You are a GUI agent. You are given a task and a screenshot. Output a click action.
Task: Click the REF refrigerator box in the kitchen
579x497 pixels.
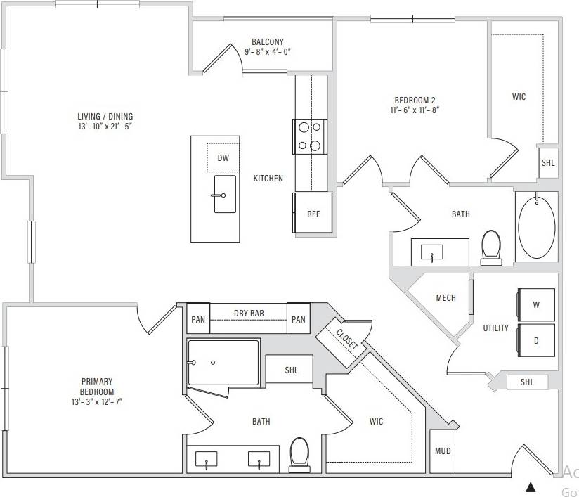(x=313, y=213)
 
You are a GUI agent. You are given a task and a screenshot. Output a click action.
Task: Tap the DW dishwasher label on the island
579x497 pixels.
(x=223, y=158)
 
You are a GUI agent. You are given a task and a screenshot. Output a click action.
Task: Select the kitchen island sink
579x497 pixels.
(x=224, y=194)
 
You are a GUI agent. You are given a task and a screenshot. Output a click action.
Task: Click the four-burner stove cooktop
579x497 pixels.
(x=309, y=136)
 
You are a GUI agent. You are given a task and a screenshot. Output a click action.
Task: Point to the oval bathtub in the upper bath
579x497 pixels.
(x=536, y=228)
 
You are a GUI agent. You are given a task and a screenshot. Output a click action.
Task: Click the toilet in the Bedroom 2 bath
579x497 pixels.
(x=491, y=247)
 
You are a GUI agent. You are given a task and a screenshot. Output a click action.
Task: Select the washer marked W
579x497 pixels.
(x=536, y=305)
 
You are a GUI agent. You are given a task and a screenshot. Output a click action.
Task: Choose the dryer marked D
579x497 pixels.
(x=536, y=341)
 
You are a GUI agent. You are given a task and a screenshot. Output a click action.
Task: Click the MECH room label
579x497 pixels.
(x=445, y=298)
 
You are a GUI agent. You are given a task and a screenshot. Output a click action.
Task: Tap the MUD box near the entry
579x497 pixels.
(x=442, y=451)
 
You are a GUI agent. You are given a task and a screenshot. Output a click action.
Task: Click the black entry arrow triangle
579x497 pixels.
(x=531, y=486)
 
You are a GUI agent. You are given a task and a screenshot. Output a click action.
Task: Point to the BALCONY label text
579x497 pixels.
(x=268, y=42)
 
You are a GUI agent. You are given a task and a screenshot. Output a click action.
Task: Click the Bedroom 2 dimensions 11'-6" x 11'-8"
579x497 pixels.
(x=415, y=110)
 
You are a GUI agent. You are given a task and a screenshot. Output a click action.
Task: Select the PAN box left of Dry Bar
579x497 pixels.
(x=198, y=320)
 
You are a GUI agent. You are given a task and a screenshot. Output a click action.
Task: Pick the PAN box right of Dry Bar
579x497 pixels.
(x=299, y=320)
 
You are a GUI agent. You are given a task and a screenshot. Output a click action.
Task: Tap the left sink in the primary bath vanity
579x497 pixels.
(x=208, y=460)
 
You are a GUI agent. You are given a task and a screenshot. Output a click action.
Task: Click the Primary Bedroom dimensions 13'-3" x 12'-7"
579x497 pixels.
(x=96, y=402)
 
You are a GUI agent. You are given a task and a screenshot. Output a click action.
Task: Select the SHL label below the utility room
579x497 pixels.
(x=527, y=382)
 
